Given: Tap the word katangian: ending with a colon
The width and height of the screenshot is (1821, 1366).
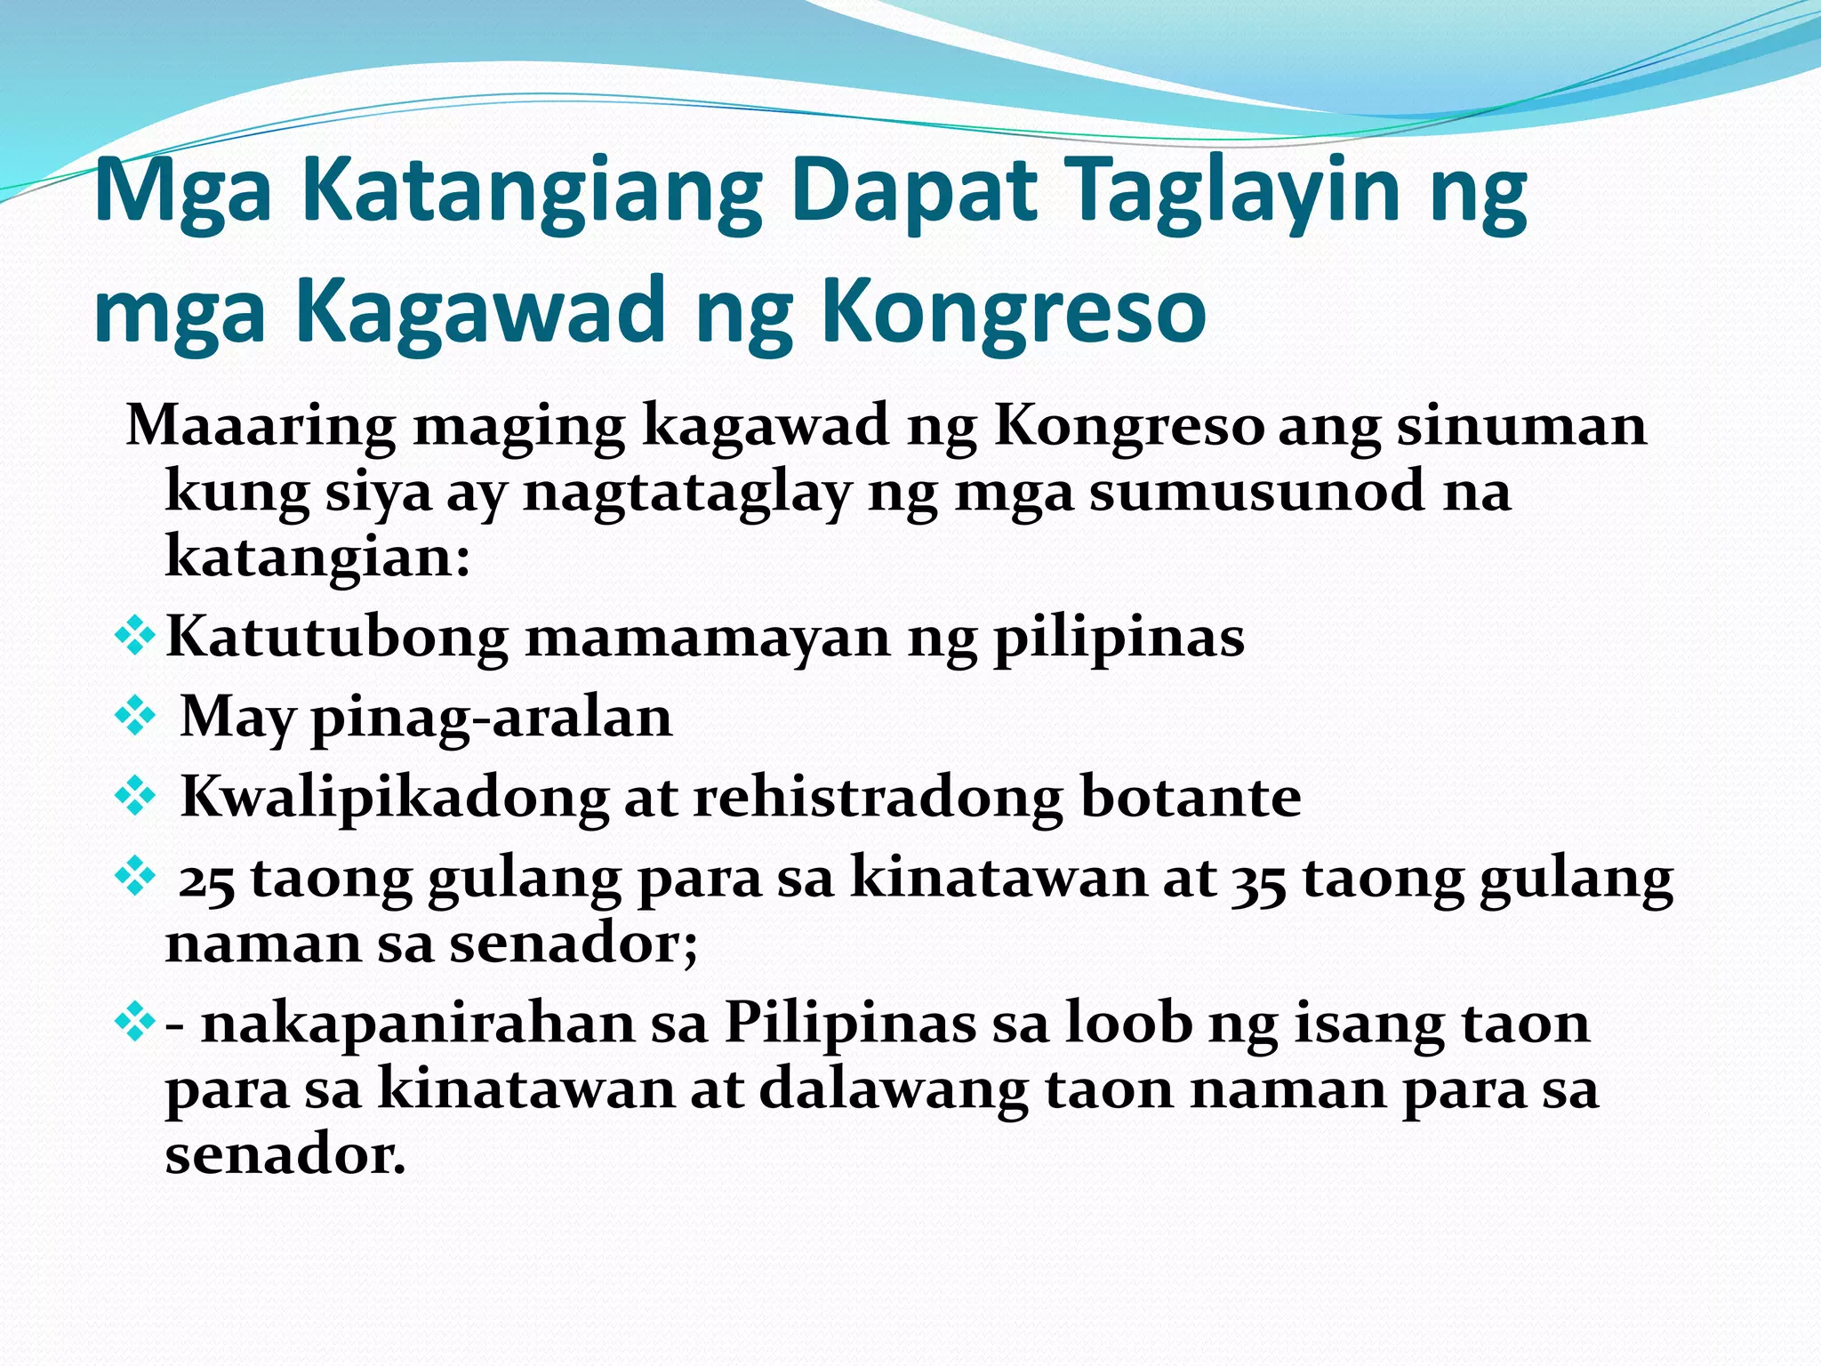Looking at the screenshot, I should pos(317,557).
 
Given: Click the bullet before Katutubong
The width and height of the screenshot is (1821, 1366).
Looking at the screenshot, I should pos(135,637).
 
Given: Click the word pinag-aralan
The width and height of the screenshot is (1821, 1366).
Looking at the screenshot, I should pos(492,719).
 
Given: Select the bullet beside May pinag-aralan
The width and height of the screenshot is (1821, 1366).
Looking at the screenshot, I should pos(135,717).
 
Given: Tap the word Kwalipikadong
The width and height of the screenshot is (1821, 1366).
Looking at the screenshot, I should pos(394,798).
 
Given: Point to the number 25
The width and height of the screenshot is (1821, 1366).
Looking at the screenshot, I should pos(206,880).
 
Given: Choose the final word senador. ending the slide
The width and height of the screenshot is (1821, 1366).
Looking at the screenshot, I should pos(285,1155).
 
